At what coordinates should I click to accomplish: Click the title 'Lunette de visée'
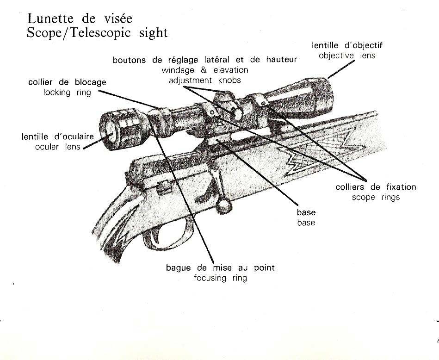(x=80, y=19)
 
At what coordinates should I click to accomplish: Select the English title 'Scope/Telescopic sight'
(x=97, y=33)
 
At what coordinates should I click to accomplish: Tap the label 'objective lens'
(x=347, y=56)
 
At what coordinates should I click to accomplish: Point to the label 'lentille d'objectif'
(x=347, y=45)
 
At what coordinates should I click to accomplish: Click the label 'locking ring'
(x=67, y=92)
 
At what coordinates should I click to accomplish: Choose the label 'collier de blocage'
(x=67, y=82)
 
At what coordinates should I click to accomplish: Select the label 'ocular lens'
(x=58, y=147)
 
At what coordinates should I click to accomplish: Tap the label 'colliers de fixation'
(x=376, y=187)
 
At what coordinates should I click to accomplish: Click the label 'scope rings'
(x=376, y=197)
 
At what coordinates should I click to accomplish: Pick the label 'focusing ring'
(x=220, y=278)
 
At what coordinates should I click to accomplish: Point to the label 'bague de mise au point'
(x=220, y=267)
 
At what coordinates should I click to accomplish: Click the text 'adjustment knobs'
(x=204, y=81)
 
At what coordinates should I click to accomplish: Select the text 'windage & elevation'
(x=204, y=70)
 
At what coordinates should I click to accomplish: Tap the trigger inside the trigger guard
(x=155, y=236)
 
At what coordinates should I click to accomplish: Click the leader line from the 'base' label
(x=258, y=172)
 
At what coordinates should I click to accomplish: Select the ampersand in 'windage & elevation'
(x=204, y=70)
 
